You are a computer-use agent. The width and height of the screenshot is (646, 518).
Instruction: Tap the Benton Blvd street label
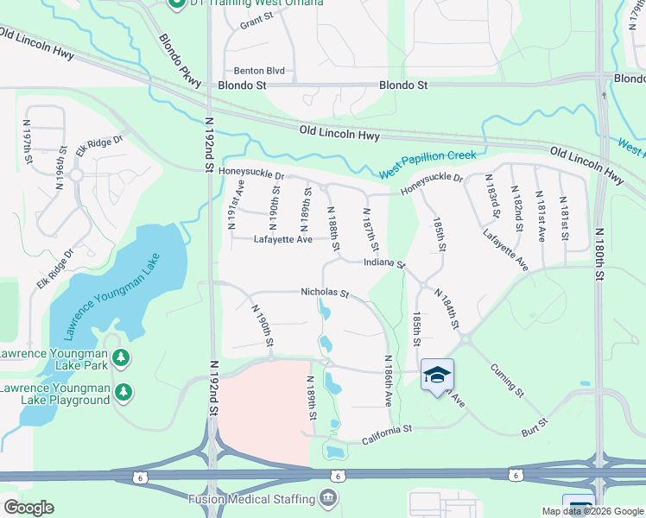click(259, 71)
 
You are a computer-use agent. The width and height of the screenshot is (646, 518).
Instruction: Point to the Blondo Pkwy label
click(180, 60)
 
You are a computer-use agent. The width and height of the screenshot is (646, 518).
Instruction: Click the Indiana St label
click(384, 262)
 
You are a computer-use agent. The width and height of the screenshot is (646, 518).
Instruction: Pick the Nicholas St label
click(324, 293)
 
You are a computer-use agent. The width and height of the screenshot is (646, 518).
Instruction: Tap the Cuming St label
click(507, 379)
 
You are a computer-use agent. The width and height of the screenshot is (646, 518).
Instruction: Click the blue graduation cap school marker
click(437, 375)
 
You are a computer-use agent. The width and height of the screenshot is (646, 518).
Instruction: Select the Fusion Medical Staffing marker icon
click(328, 498)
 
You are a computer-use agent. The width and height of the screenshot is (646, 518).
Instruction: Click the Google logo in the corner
click(28, 508)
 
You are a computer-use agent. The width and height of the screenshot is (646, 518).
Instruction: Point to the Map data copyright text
click(592, 511)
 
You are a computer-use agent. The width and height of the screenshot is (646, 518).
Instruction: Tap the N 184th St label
click(446, 310)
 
